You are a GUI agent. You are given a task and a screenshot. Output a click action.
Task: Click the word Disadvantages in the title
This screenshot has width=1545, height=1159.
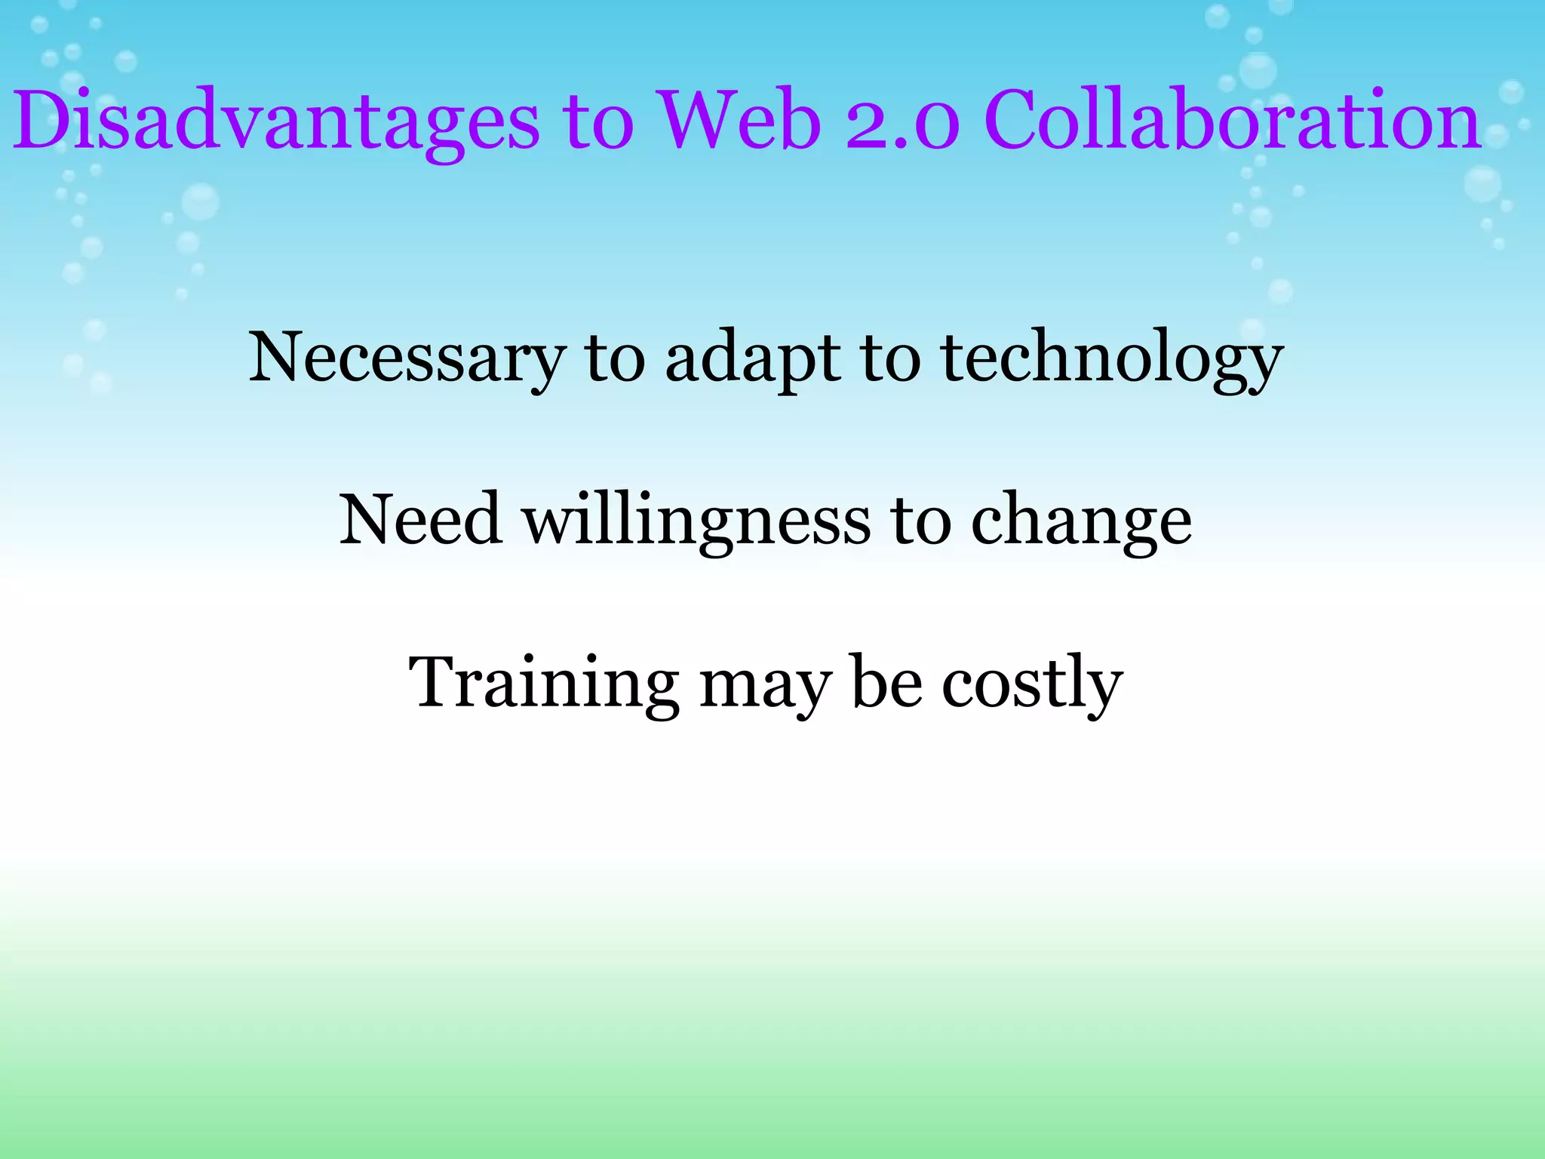point(276,121)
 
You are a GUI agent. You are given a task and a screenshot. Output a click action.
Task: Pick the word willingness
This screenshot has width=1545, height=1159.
point(697,521)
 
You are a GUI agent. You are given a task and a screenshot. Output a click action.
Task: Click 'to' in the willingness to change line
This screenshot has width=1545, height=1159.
point(920,521)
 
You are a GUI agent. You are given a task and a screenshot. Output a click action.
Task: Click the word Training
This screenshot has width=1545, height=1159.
point(543,684)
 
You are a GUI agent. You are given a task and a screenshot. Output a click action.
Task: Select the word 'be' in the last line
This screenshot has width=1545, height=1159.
point(887,682)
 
